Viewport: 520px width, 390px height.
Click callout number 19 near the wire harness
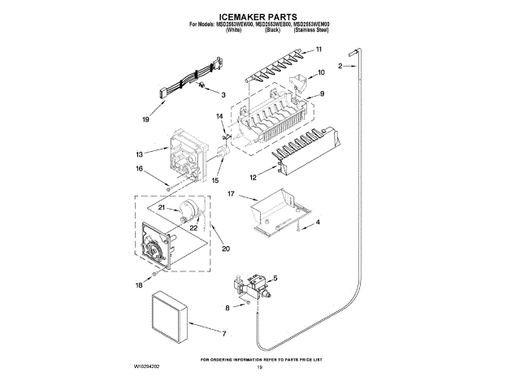tap(146, 119)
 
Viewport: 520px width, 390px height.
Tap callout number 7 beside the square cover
tap(224, 333)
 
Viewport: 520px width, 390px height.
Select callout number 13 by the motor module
tap(140, 154)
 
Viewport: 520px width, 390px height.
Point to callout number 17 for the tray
tap(231, 194)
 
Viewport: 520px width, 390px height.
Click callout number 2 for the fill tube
tap(340, 65)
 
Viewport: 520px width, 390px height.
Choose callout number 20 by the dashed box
tap(225, 248)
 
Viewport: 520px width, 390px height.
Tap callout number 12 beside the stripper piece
tap(253, 176)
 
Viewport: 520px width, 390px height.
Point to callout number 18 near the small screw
tap(139, 286)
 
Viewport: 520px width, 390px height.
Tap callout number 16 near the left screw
tap(139, 169)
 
